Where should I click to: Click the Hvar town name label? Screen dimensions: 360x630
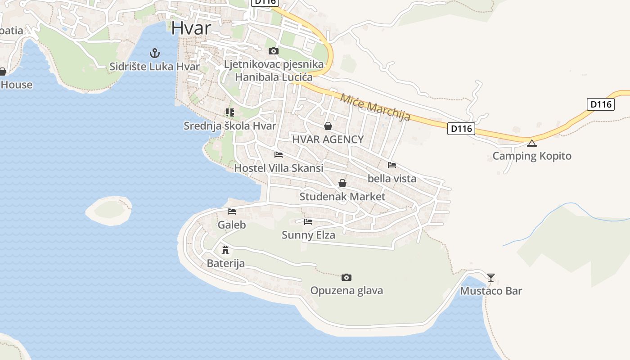(x=191, y=28)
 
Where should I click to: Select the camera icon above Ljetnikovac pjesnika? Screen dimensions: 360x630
(x=273, y=51)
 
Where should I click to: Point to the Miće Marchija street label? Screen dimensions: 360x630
(x=375, y=107)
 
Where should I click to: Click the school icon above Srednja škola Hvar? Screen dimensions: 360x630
(x=230, y=112)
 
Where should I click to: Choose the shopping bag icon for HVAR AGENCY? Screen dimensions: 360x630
(x=328, y=126)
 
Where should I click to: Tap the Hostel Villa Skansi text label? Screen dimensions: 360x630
(x=279, y=168)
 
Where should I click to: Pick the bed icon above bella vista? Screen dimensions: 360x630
(x=392, y=165)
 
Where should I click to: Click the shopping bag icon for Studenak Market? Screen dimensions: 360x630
(x=342, y=183)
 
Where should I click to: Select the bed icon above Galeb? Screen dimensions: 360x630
(x=232, y=211)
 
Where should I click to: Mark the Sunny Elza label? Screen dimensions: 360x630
(x=308, y=235)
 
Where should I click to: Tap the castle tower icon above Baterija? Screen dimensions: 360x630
(x=225, y=250)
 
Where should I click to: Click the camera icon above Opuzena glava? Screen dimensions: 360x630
(x=346, y=277)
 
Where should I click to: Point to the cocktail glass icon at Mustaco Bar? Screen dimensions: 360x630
(x=491, y=277)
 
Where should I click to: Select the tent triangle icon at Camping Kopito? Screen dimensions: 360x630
(x=532, y=143)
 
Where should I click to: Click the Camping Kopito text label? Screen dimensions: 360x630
(x=532, y=156)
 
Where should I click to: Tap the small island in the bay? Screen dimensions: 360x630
(x=108, y=210)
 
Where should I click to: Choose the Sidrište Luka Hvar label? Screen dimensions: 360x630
(x=154, y=67)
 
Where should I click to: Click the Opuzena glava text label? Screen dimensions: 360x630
(x=346, y=291)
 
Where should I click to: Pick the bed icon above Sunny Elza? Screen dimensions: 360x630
(x=308, y=221)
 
